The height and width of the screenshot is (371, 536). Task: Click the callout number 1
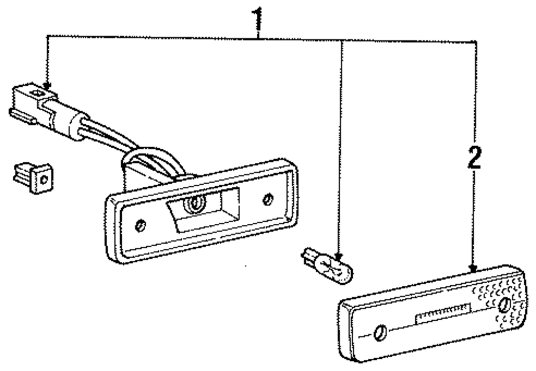tap(259, 18)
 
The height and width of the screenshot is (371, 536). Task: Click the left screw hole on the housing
tap(140, 225)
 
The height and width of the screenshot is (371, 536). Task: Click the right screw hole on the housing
tap(268, 200)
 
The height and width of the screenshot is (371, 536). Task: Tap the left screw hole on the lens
tap(380, 332)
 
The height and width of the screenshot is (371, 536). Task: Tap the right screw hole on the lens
tap(504, 306)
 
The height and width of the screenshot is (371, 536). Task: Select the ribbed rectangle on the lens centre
tap(443, 313)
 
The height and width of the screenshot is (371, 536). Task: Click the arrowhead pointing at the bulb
tap(338, 256)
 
